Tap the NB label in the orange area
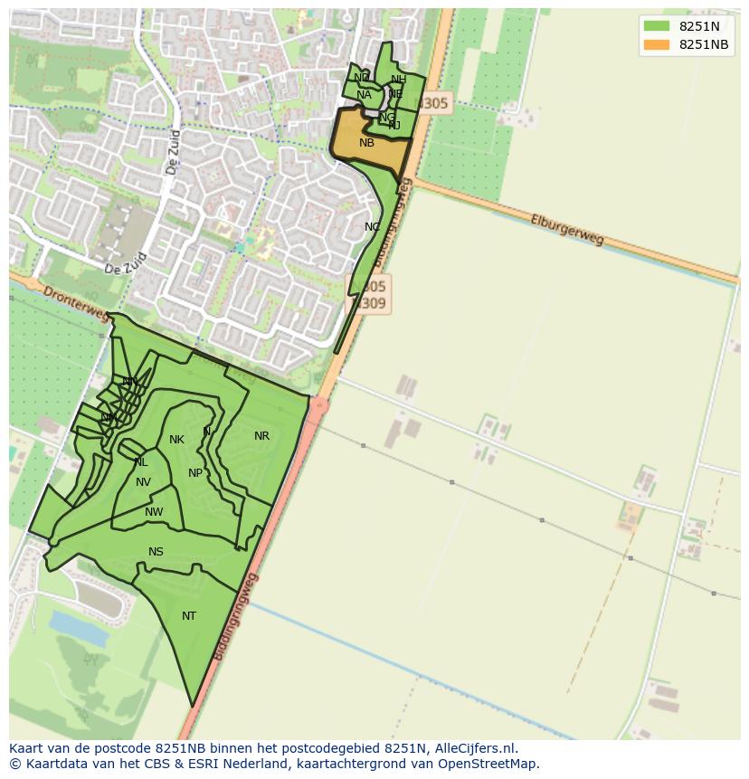coord(366,143)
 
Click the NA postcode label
coord(364,95)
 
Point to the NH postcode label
coord(398,80)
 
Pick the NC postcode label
coord(372,227)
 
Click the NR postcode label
coord(261,436)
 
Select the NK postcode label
coord(176,441)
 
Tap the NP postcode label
coord(195,473)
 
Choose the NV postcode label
coord(143,482)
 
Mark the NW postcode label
coord(154,513)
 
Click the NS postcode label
coord(156,552)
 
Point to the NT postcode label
coord(188,616)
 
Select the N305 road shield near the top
coord(433,104)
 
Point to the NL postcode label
coord(140,462)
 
